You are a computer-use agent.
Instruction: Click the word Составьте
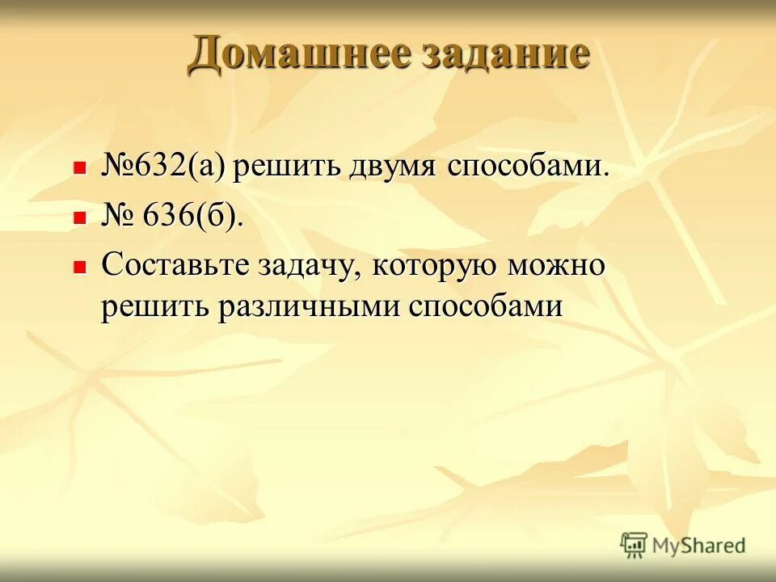[x=175, y=266]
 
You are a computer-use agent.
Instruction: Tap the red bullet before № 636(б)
[x=79, y=217]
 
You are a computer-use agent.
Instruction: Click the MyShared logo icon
[x=635, y=546]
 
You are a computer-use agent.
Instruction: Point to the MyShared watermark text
[x=698, y=546]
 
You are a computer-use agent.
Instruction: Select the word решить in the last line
[x=153, y=308]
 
